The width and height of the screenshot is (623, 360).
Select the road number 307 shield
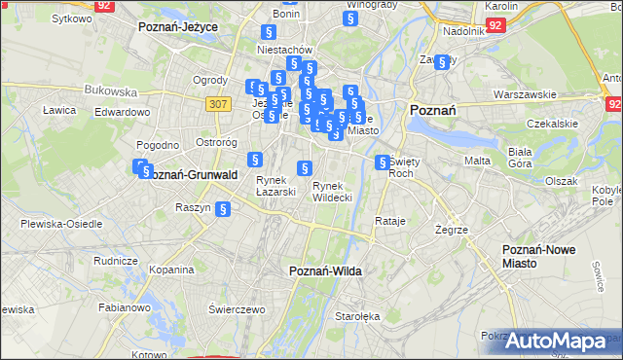[x=218, y=101]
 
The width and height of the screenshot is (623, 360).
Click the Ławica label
[x=59, y=110]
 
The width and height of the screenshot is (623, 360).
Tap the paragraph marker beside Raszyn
[x=222, y=207]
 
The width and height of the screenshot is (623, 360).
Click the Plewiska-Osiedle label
[x=60, y=224]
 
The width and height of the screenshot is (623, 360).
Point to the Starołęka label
[x=356, y=316]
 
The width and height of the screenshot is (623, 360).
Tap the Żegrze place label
[x=453, y=230]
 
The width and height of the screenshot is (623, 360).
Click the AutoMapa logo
[x=562, y=342]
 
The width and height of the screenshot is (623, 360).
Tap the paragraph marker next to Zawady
[x=443, y=62]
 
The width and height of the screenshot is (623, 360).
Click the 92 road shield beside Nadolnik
[x=495, y=25]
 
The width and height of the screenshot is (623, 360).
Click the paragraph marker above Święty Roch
[x=383, y=162]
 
